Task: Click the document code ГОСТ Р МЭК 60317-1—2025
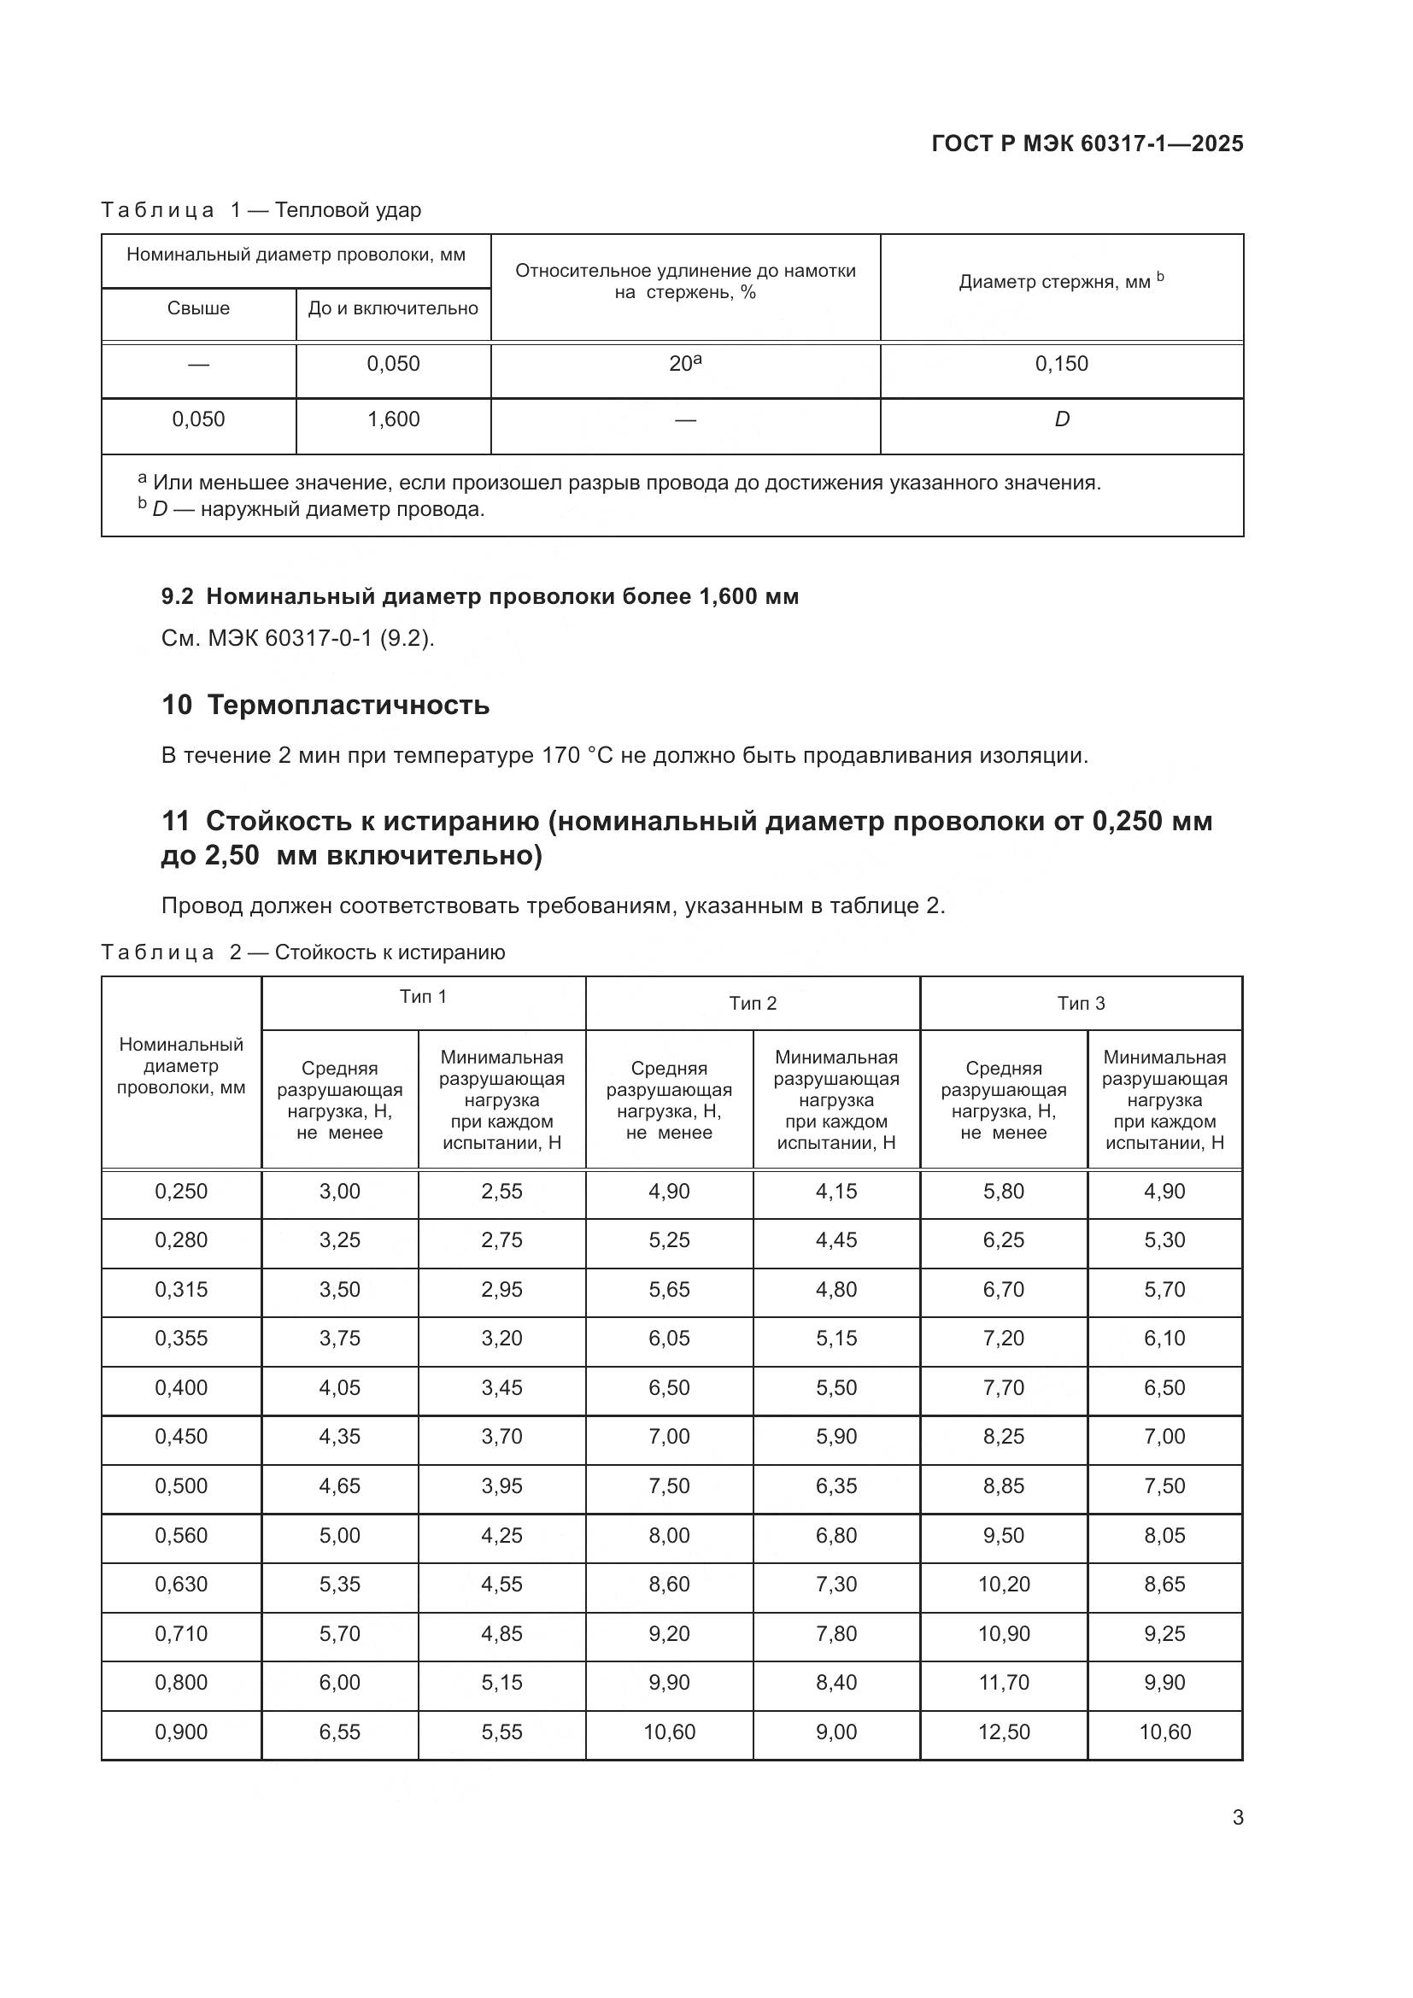[x=1087, y=144]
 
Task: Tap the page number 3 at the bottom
[x=1237, y=1817]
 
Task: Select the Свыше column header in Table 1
[x=198, y=308]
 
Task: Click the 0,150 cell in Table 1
[x=1061, y=364]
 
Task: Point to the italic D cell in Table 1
[x=1062, y=419]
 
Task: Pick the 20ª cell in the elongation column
[x=685, y=364]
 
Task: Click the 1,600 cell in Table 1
[x=393, y=419]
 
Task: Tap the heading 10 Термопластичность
[x=325, y=705]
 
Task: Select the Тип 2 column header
[x=753, y=1004]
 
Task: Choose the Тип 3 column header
[x=1081, y=1004]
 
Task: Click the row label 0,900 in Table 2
[x=181, y=1731]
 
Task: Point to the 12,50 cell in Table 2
[x=1003, y=1731]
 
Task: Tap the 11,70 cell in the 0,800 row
[x=1003, y=1682]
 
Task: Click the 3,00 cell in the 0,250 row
[x=339, y=1192]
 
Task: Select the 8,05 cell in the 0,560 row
[x=1164, y=1535]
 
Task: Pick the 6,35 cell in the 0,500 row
[x=836, y=1485]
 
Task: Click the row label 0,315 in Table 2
[x=181, y=1290]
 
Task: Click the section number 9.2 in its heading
[x=178, y=596]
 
